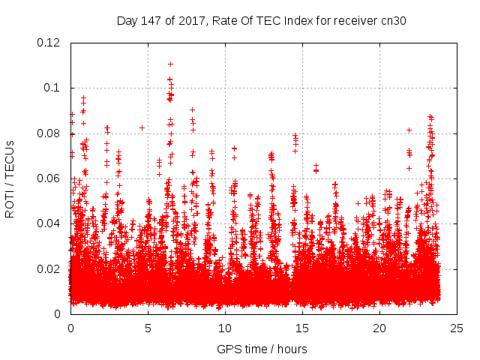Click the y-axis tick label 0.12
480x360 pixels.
coord(50,43)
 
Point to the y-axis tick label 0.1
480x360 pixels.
coord(53,88)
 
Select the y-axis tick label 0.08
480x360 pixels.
coord(50,133)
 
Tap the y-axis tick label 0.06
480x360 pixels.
coord(50,178)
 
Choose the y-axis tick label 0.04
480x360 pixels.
coord(50,223)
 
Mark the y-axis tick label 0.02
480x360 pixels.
coord(50,268)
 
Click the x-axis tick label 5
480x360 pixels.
coord(148,328)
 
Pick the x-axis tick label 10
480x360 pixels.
coord(225,328)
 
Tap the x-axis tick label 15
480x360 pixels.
coord(302,328)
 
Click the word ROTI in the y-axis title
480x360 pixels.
coord(10,203)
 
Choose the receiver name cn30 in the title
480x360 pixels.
coord(393,21)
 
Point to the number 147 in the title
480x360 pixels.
coord(156,21)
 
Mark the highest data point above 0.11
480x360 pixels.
coord(170,64)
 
